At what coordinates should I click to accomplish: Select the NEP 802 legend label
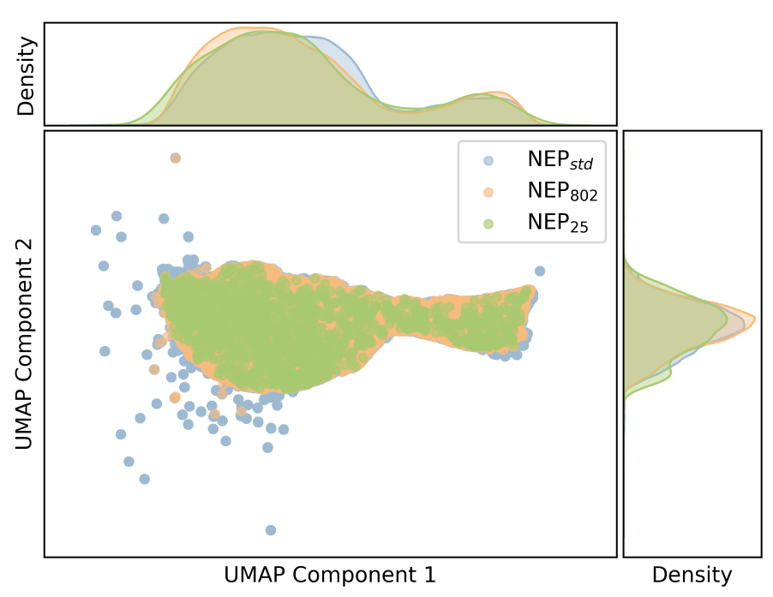(561, 193)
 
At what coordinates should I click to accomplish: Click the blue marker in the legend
(488, 160)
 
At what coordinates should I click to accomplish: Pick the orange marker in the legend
(488, 192)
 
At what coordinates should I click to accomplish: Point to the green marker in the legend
(488, 224)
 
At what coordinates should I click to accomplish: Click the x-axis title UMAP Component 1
(330, 575)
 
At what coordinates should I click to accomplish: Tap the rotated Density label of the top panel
(27, 76)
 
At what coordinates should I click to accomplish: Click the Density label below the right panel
(692, 575)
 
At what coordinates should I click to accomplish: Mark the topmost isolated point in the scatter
(176, 158)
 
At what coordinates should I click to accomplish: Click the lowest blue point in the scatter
(271, 530)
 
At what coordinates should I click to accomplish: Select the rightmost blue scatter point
(540, 271)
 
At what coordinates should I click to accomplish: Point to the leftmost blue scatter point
(96, 230)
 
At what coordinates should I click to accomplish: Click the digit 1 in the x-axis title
(429, 575)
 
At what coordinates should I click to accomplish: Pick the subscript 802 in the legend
(584, 197)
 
